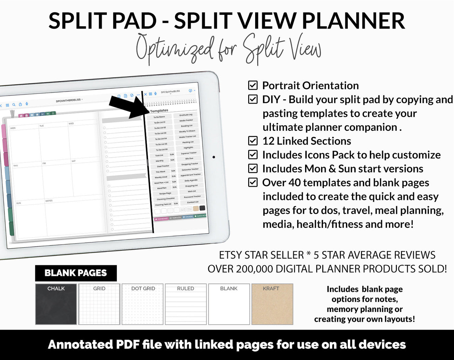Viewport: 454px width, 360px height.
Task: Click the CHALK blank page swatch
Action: tap(56, 304)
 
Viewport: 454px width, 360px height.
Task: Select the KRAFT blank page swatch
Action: tap(272, 304)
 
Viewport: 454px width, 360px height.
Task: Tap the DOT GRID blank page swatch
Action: tap(143, 304)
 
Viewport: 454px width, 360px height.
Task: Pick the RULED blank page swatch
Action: tap(186, 304)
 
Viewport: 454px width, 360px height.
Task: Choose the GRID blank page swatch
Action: tap(99, 304)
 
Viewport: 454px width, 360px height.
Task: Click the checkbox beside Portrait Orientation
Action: tap(253, 85)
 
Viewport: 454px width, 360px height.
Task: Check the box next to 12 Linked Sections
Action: tap(253, 141)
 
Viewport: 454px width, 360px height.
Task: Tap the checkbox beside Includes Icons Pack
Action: tap(253, 155)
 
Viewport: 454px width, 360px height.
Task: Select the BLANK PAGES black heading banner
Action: tap(76, 273)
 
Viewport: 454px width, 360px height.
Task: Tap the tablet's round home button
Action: tap(214, 157)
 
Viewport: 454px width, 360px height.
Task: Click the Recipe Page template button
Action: tap(165, 193)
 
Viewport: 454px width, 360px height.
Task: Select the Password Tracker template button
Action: tap(192, 197)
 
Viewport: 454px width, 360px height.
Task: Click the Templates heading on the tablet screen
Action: tap(159, 111)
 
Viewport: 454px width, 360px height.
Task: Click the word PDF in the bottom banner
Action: tap(128, 345)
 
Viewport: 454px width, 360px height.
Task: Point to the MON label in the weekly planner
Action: tap(13, 128)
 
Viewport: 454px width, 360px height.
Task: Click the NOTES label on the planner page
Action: tap(49, 201)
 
